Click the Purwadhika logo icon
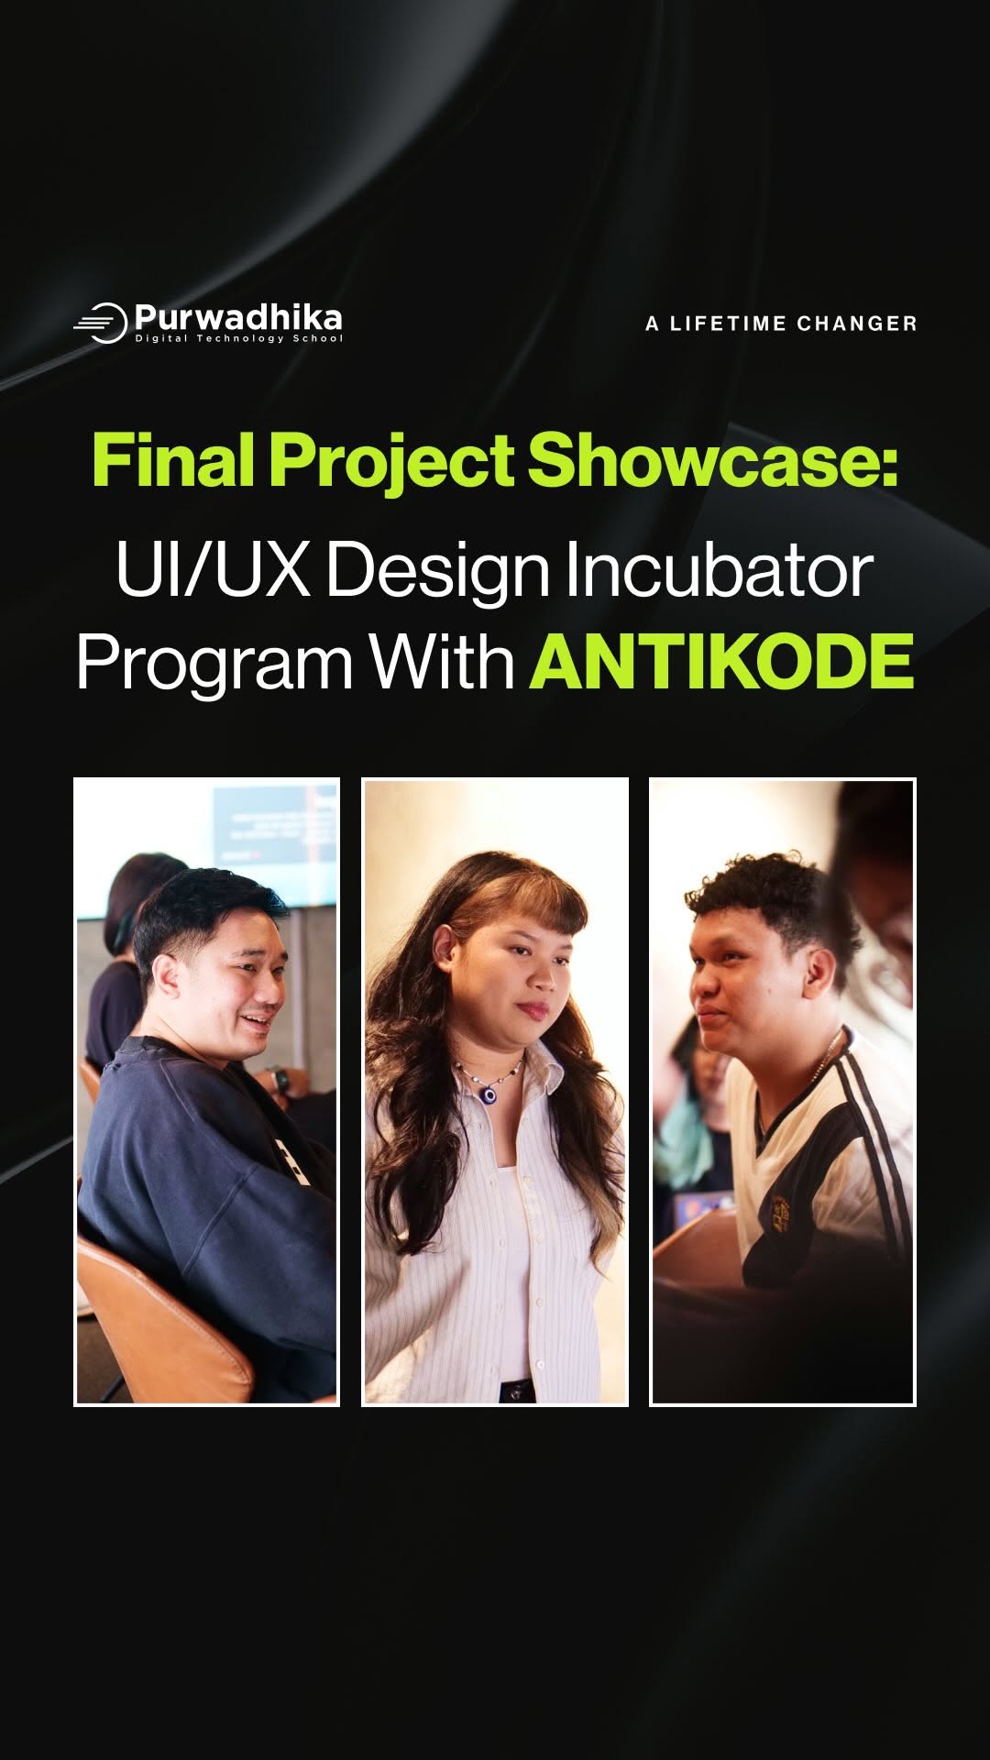tap(101, 323)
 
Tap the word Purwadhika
tap(238, 318)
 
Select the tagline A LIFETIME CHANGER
tap(781, 324)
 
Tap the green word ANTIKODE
tap(722, 661)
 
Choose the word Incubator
tap(719, 569)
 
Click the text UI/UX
tap(214, 569)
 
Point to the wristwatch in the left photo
tap(280, 1082)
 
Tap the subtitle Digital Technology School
tap(239, 338)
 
